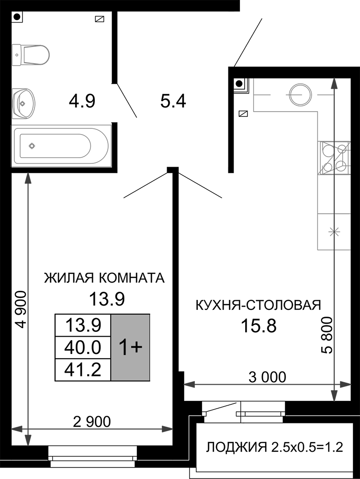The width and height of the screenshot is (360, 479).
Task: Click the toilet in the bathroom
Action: coord(31,55)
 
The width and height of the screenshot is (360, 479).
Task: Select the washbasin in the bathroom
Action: coord(23,103)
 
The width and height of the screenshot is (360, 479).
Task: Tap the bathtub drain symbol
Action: coord(32,146)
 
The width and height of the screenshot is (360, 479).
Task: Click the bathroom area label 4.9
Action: coord(82,101)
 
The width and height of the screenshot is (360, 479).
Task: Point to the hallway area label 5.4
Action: coord(173,101)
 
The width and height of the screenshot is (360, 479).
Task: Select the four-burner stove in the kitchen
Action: coord(334,158)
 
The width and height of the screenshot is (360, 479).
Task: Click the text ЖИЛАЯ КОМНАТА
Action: coord(104,278)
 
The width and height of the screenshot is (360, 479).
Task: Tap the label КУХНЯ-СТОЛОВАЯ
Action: coord(259,305)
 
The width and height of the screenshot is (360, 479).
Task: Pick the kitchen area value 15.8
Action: coord(259,326)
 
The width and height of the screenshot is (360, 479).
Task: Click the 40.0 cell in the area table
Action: coord(83,347)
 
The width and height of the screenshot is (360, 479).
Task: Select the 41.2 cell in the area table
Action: coord(83,370)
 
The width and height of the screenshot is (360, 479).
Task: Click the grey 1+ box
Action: coord(130,348)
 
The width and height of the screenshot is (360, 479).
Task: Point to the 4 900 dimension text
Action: coord(21,309)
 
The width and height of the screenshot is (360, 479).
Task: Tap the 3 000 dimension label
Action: coord(268,377)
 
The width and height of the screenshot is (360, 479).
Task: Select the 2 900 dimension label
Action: coord(92,422)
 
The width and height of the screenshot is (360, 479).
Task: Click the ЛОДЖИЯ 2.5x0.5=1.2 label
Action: coord(274,447)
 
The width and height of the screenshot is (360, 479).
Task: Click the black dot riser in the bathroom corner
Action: coord(18,16)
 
